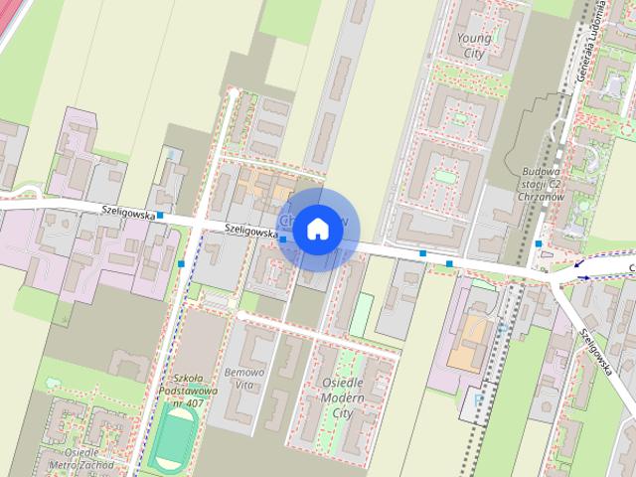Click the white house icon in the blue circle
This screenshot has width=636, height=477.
click(x=316, y=229)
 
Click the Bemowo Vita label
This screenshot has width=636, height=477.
click(x=244, y=378)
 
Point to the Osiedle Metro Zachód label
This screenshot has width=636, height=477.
click(x=81, y=458)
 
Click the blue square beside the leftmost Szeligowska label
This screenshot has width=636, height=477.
click(x=159, y=215)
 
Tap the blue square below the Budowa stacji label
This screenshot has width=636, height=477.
click(x=538, y=243)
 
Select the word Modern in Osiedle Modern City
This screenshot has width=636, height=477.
click(x=342, y=397)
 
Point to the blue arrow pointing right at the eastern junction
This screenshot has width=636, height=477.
click(x=581, y=277)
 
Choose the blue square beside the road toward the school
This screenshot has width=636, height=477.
click(x=181, y=264)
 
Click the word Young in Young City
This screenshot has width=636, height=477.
click(x=473, y=39)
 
